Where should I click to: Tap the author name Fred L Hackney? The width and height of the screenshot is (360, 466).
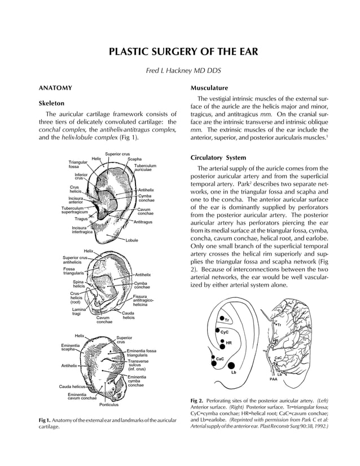point(183,72)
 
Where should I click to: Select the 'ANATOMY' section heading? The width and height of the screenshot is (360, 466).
point(55,89)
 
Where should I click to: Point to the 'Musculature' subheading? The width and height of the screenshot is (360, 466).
point(209,89)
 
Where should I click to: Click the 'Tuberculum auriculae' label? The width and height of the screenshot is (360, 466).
point(145,168)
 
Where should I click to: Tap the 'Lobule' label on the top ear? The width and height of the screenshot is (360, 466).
point(132,240)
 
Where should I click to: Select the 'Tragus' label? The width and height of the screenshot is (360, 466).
point(81,218)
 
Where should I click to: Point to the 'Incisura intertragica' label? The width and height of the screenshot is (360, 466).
point(82,230)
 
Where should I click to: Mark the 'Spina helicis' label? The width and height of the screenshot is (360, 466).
point(78,284)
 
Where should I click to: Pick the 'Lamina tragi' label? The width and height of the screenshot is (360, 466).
point(78,311)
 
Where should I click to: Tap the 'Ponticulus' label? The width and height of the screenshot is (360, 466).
point(109,405)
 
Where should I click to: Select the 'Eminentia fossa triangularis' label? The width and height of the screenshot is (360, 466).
point(142,353)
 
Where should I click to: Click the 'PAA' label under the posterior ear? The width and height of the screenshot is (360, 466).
point(273,380)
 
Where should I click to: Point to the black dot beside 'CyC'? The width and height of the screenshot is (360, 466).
point(217,329)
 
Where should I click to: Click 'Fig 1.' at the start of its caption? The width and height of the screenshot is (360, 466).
point(45,421)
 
